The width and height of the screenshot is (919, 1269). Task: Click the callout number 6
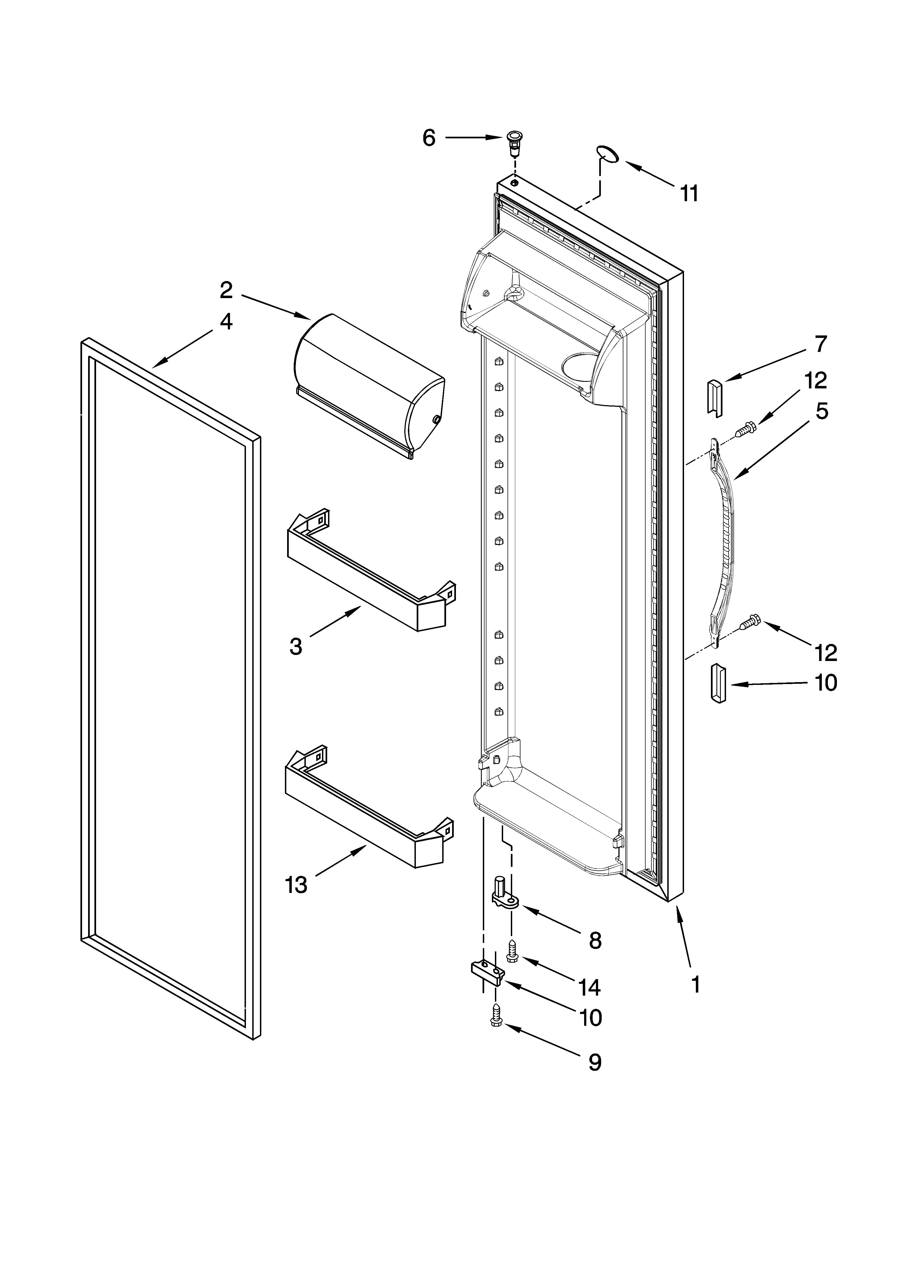click(429, 138)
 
